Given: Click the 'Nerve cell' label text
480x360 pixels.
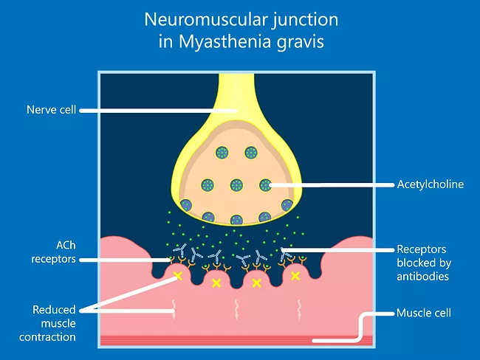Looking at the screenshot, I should pyautogui.click(x=50, y=111).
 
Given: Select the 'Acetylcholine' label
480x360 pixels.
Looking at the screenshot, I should pyautogui.click(x=430, y=184).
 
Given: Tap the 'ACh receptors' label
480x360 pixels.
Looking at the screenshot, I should pyautogui.click(x=52, y=253).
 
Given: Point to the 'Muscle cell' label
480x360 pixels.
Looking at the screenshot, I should pyautogui.click(x=423, y=313).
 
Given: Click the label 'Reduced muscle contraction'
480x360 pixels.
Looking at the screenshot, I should pyautogui.click(x=54, y=323).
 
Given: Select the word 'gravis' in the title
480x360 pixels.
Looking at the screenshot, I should pyautogui.click(x=300, y=41).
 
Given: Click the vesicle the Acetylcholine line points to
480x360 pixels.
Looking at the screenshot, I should pyautogui.click(x=266, y=184).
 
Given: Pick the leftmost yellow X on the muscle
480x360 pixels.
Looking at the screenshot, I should pyautogui.click(x=177, y=277).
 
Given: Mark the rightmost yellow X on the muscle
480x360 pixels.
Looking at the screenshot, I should pyautogui.click(x=295, y=276).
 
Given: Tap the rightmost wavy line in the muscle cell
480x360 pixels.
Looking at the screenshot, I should pyautogui.click(x=299, y=306).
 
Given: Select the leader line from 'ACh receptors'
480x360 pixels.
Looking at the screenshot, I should pyautogui.click(x=126, y=260).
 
